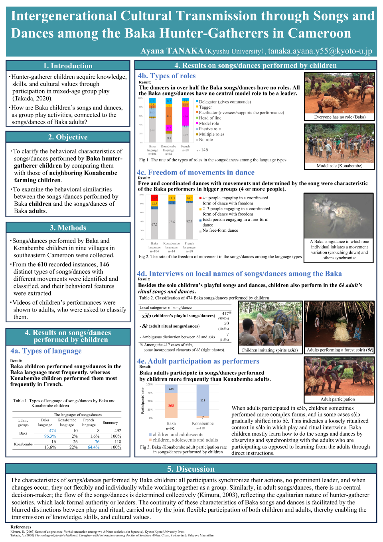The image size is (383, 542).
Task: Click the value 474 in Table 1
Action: click(52, 431)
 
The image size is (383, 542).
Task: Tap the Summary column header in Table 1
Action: click(110, 423)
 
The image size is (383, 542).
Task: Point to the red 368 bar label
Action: click(171, 405)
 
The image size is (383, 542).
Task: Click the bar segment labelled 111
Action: click(203, 400)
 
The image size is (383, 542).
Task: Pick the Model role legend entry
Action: click(209, 123)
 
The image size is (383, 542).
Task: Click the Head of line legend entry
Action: click(210, 118)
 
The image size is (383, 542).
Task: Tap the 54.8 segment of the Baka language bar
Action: click(152, 130)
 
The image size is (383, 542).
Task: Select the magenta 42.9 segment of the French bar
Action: click(186, 116)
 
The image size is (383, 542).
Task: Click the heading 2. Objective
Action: click(68, 137)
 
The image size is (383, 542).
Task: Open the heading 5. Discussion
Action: click(191, 469)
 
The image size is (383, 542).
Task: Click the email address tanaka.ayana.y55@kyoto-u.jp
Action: click(320, 51)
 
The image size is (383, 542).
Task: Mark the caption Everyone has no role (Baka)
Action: click(340, 117)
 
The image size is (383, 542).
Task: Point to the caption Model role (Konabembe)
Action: click(340, 166)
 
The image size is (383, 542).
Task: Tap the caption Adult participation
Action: click(338, 399)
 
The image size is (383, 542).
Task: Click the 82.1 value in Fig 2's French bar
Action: click(189, 221)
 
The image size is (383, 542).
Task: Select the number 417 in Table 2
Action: click(225, 314)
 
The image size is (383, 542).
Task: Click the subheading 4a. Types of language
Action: click(46, 351)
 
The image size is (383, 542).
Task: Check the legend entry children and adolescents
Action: click(178, 434)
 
